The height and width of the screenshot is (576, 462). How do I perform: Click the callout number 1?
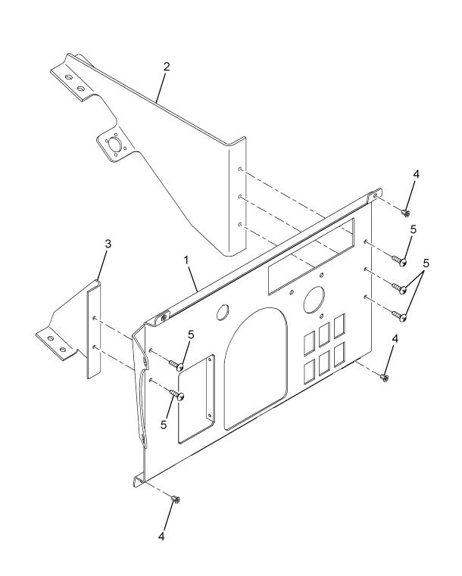tap(186, 260)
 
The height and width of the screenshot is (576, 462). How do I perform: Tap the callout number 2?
tap(167, 67)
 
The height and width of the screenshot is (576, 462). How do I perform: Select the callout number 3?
tap(108, 244)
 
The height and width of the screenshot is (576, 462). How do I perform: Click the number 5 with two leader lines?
tap(426, 263)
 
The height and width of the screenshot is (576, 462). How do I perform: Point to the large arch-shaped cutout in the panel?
tap(256, 369)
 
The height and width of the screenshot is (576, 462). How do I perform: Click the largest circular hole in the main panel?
tap(314, 299)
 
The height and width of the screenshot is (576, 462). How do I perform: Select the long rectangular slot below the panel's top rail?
tap(311, 256)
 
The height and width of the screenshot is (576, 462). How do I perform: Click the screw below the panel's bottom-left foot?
tap(176, 500)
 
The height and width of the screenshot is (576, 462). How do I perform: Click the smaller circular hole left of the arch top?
tap(223, 312)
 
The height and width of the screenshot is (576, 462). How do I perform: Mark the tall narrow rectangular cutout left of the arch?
tap(196, 400)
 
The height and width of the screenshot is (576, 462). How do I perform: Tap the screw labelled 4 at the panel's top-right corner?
tap(405, 213)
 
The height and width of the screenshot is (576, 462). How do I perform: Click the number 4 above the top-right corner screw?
tap(416, 174)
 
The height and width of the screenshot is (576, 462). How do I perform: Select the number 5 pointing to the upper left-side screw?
tap(191, 335)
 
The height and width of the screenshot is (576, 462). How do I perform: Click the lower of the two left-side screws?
tap(176, 394)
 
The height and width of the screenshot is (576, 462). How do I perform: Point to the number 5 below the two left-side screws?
tap(164, 425)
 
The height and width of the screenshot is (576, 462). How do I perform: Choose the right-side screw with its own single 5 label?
tap(399, 261)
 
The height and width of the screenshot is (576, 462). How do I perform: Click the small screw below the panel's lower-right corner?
tap(384, 377)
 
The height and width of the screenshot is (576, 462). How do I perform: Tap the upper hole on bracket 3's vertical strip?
tap(95, 317)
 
